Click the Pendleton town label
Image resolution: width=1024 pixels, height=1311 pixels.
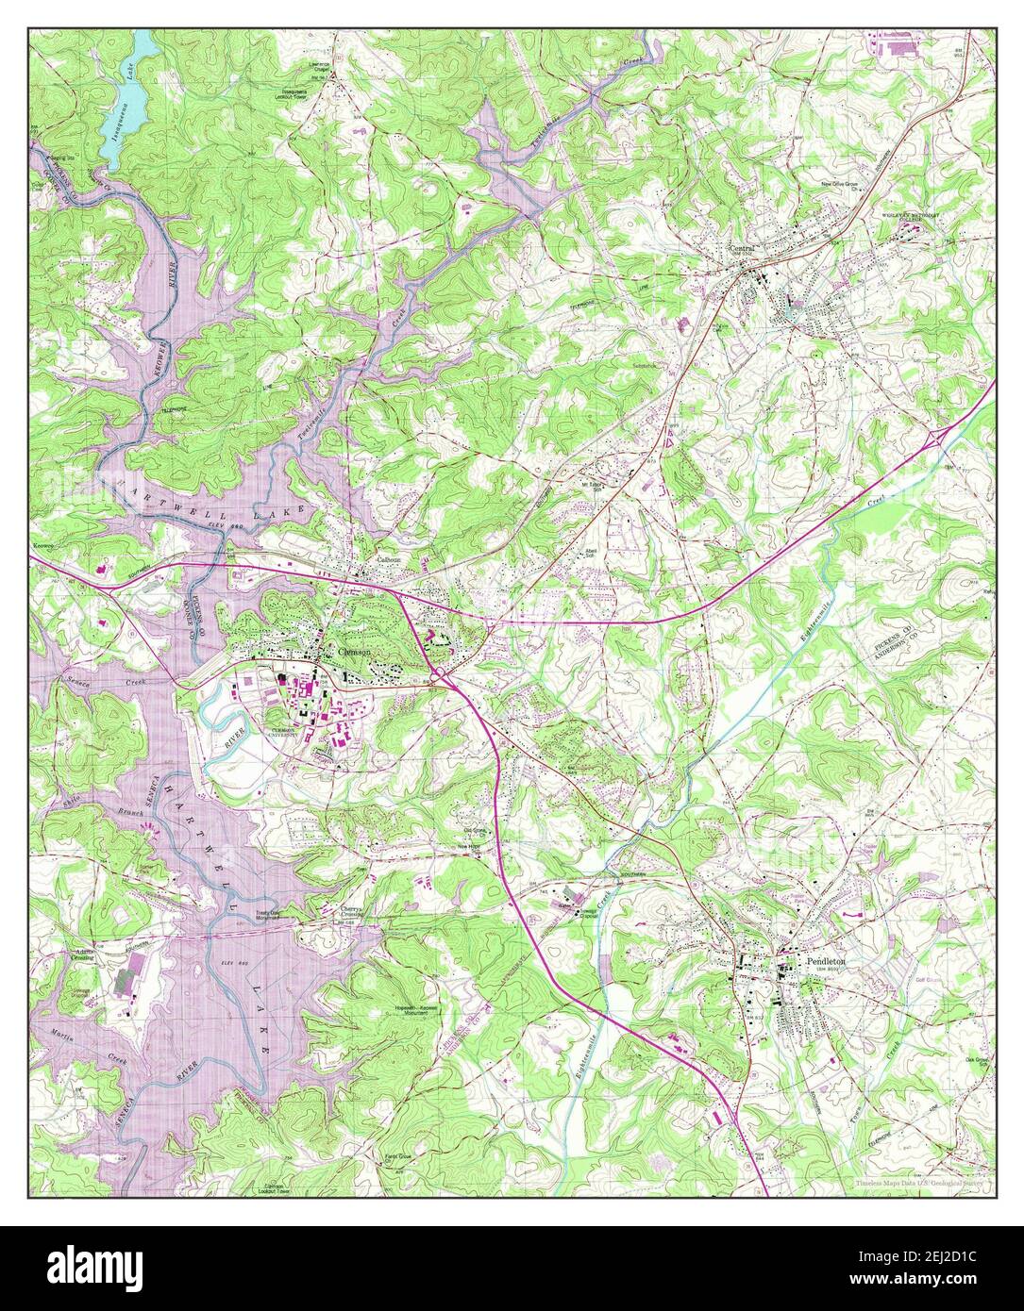pyautogui.click(x=827, y=960)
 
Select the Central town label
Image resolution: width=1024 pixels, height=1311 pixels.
pyautogui.click(x=744, y=248)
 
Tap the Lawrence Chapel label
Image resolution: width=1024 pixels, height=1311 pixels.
pyautogui.click(x=324, y=67)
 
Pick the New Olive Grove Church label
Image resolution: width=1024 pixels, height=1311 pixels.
pyautogui.click(x=843, y=186)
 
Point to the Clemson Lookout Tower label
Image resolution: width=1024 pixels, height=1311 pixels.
pyautogui.click(x=272, y=1188)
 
